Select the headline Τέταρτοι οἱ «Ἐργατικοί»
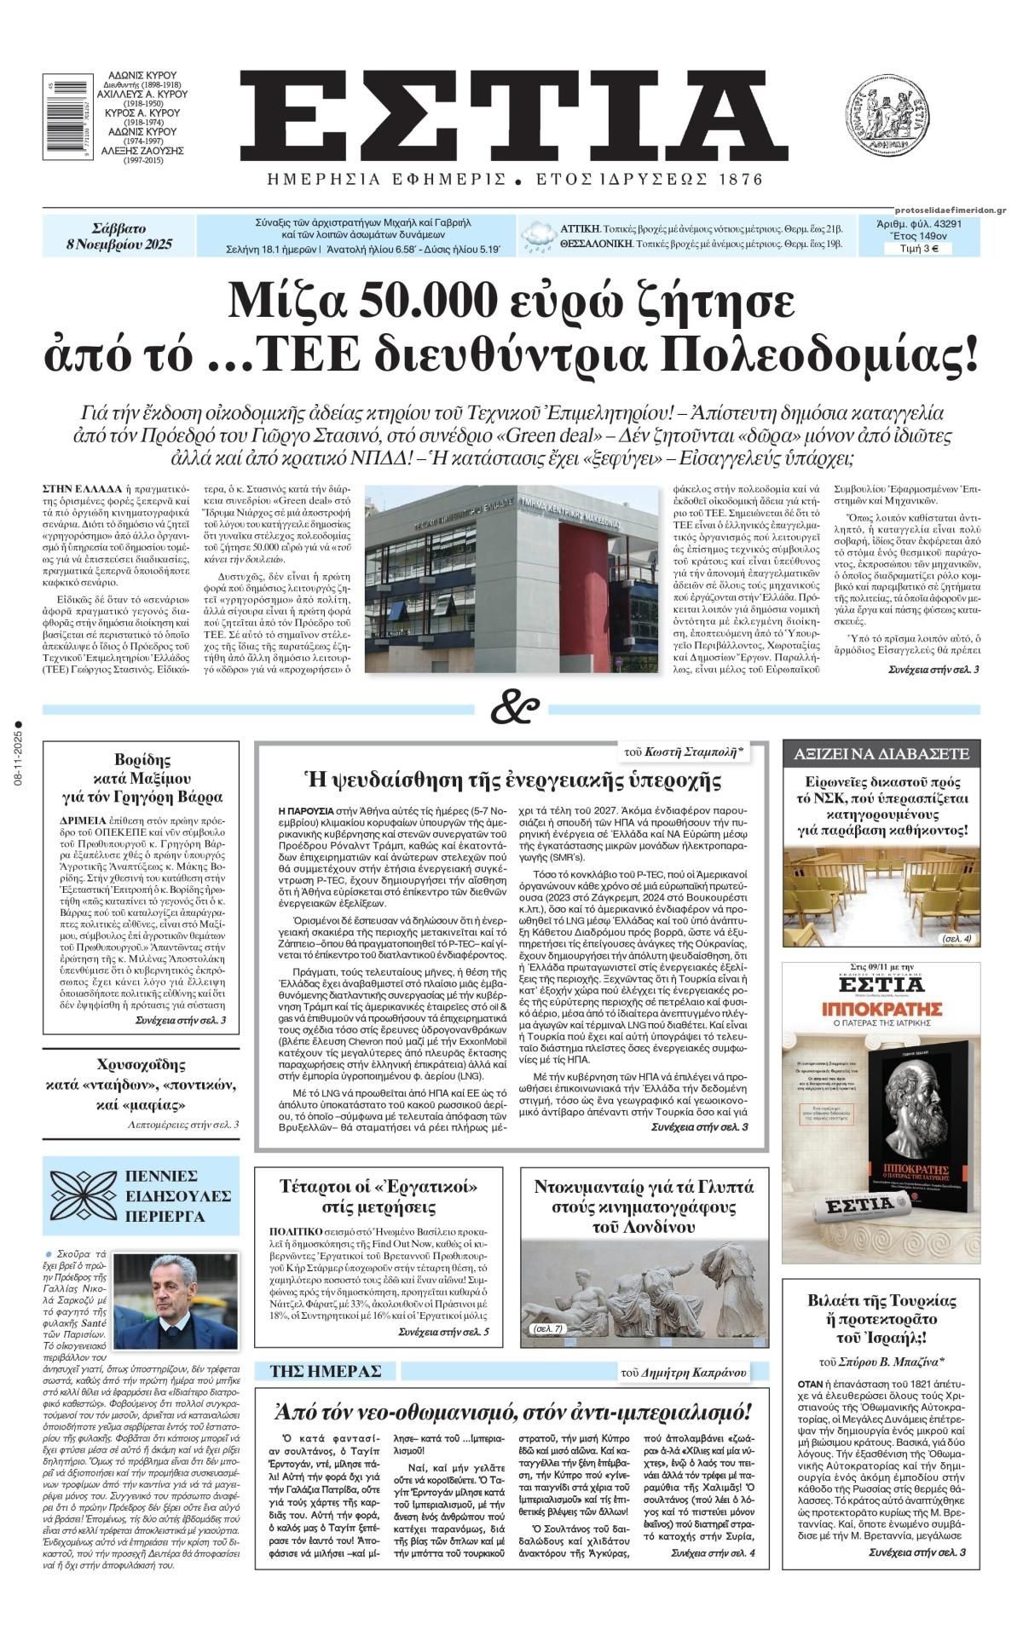coord(379,1196)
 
